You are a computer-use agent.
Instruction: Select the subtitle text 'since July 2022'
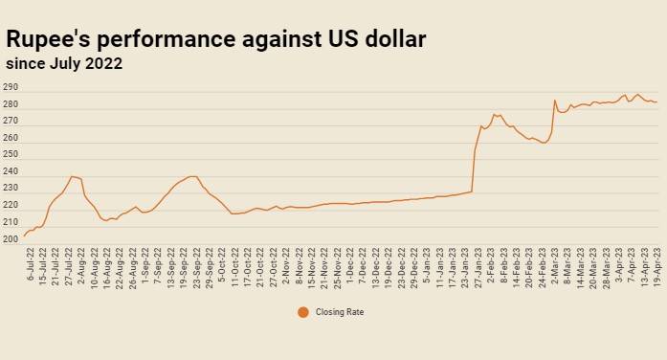[64, 64]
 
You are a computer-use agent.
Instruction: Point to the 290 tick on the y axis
[11, 87]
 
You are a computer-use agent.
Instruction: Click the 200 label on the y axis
[11, 239]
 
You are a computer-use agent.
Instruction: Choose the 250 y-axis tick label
[11, 154]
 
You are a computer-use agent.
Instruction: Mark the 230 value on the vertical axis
[11, 188]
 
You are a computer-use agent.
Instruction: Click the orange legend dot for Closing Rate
[303, 312]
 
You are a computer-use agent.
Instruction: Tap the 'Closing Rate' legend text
[340, 312]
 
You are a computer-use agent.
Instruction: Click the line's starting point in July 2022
[24, 236]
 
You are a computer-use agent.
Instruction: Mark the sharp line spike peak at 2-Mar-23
[555, 101]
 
